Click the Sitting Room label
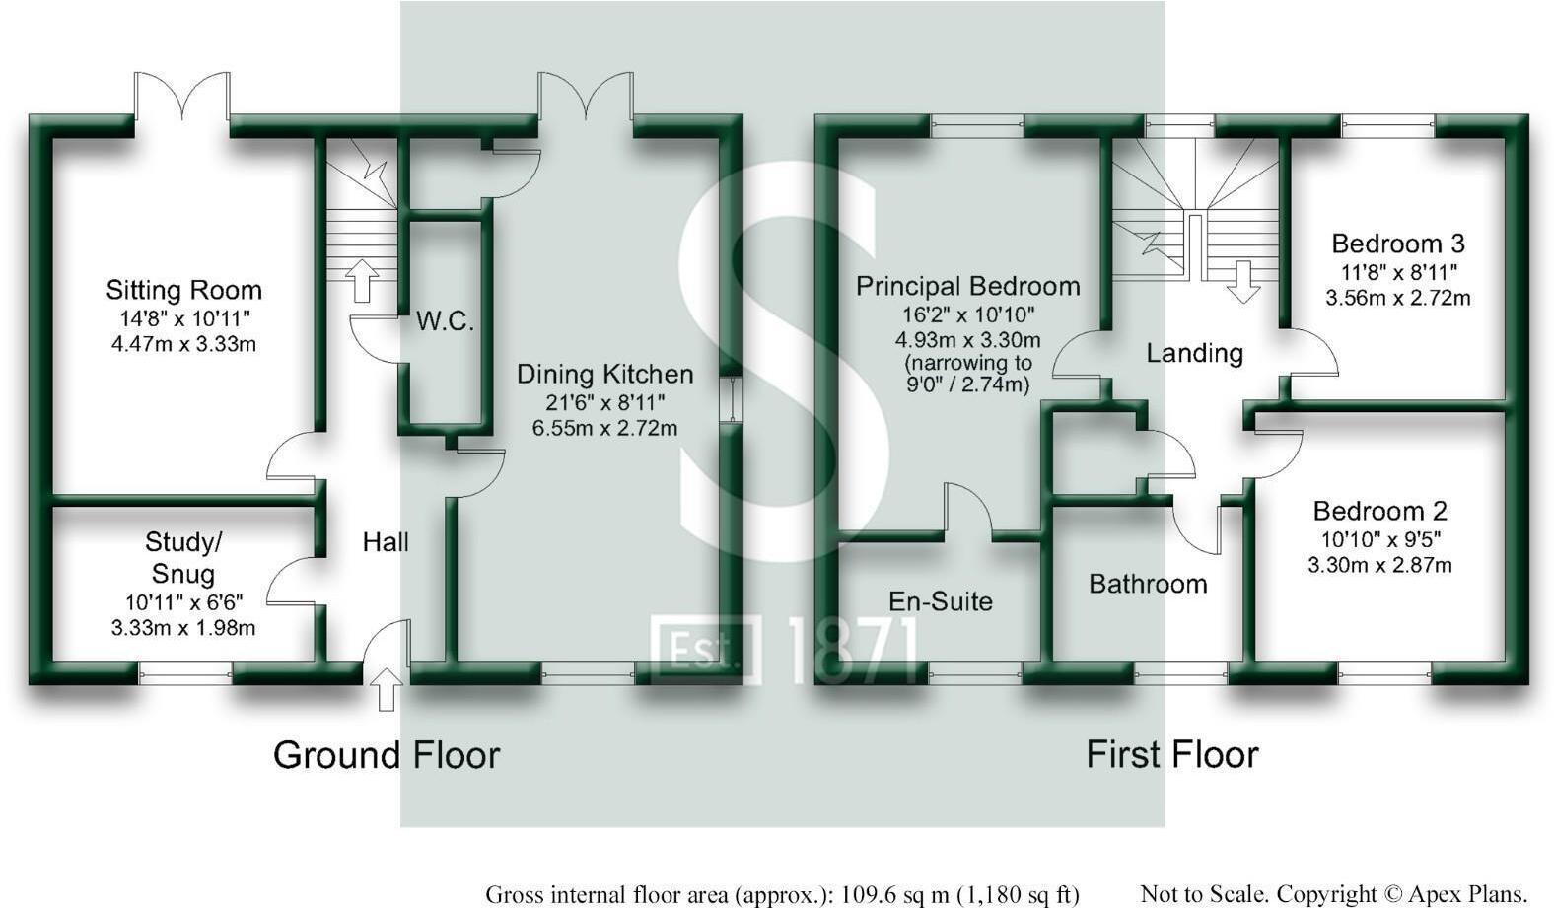(x=183, y=290)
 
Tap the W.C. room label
(x=445, y=321)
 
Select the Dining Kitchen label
(x=604, y=374)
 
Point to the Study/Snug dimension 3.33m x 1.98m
(x=183, y=628)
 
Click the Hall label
(x=386, y=541)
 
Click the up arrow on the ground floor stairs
(x=362, y=280)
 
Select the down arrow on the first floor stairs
(x=1243, y=281)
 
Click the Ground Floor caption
(x=387, y=755)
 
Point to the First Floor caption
(x=1171, y=755)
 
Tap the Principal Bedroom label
(x=967, y=286)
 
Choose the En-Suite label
(x=940, y=601)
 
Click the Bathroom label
(x=1148, y=584)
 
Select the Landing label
(x=1194, y=353)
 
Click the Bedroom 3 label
(x=1397, y=244)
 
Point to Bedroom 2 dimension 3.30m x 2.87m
(x=1378, y=565)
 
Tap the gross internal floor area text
(x=782, y=894)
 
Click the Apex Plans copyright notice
(x=1334, y=894)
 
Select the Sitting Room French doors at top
(x=182, y=99)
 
